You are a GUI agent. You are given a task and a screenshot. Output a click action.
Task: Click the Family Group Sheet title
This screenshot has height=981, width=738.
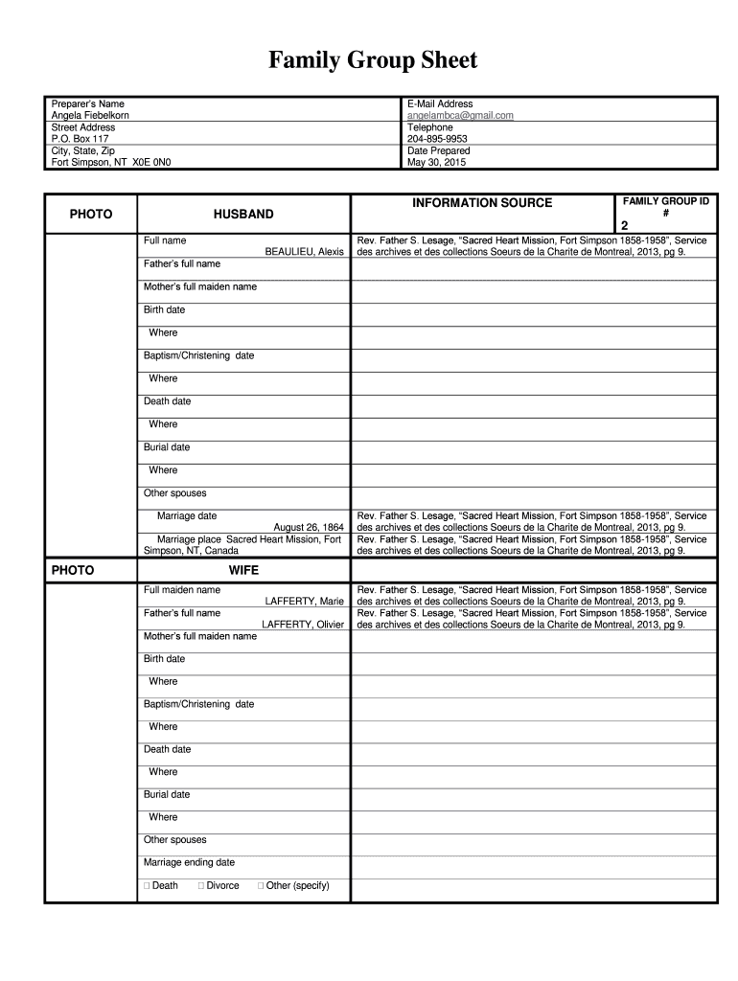point(372,61)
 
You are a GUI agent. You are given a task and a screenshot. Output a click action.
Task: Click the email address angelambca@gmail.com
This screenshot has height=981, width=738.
point(460,115)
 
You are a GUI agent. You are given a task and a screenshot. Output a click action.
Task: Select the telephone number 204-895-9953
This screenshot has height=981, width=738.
point(437,139)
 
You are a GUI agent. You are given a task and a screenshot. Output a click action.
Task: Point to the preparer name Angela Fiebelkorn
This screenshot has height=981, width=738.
point(90,115)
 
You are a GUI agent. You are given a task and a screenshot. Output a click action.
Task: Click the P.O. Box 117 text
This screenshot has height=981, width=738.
point(80,139)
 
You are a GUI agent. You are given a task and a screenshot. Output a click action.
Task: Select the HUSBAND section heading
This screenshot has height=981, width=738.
point(243,215)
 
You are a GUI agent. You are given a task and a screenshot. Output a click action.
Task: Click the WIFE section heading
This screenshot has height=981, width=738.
point(243,570)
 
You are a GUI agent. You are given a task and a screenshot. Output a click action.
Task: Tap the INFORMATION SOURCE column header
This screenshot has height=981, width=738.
point(482,203)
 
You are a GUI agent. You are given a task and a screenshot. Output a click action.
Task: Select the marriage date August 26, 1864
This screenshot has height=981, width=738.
point(308,527)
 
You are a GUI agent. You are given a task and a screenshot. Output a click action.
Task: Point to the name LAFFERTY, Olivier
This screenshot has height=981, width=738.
point(303,625)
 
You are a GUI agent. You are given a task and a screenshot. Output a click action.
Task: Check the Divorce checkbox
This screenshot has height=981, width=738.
point(201,886)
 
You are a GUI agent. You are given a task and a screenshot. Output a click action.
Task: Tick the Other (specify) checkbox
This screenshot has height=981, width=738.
point(261,886)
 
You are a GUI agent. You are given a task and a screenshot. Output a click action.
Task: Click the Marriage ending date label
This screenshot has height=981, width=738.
point(189,862)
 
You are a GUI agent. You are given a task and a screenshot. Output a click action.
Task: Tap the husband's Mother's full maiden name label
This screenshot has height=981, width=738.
point(200,286)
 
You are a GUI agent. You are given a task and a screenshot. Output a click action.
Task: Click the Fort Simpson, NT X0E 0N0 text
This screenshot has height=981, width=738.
point(110,163)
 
